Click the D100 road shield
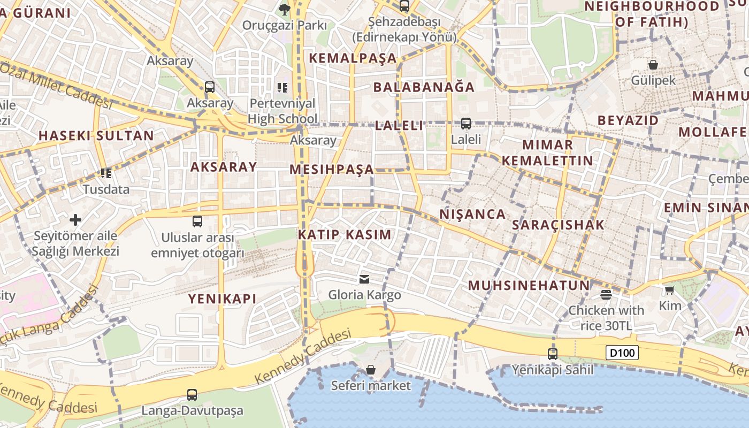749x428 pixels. [x=622, y=353]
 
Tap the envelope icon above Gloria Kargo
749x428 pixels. [x=364, y=279]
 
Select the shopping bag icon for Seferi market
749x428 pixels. [x=371, y=370]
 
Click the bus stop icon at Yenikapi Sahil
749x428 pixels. [x=553, y=354]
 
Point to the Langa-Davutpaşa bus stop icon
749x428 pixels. [x=192, y=395]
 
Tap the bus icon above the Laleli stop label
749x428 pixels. [x=466, y=124]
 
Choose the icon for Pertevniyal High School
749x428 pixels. [x=282, y=87]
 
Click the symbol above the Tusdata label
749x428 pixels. [x=106, y=173]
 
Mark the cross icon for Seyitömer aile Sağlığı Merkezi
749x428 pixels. [x=75, y=220]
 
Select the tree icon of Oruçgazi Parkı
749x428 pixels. [x=285, y=9]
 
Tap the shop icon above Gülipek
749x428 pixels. [x=653, y=65]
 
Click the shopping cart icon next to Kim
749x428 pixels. [x=669, y=290]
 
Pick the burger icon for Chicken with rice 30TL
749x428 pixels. [x=606, y=294]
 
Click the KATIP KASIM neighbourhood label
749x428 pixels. [x=345, y=234]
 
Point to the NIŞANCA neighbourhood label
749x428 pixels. [x=472, y=214]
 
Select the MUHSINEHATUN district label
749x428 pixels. [x=529, y=285]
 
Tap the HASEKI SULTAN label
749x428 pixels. [x=96, y=135]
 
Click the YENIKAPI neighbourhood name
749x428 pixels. [x=222, y=299]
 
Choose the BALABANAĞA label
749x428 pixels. [x=424, y=87]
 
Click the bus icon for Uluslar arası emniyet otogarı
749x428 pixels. [x=197, y=221]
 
